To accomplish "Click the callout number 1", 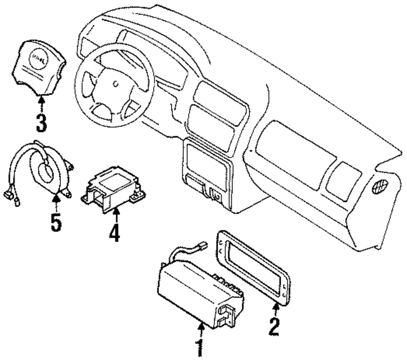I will coord(199,348).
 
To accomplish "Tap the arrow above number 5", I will coord(57,202).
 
